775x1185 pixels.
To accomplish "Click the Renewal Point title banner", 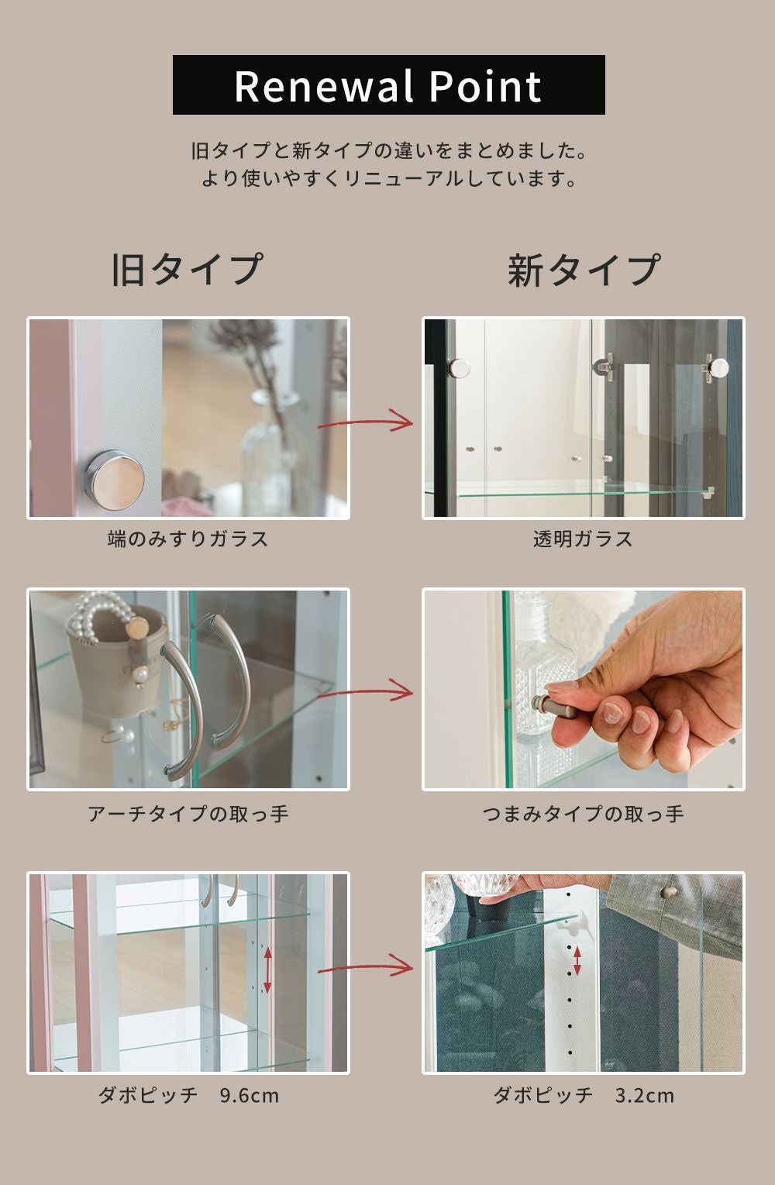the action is [x=389, y=84].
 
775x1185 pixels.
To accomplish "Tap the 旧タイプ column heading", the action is [x=187, y=270].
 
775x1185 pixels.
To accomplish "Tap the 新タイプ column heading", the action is [x=584, y=270].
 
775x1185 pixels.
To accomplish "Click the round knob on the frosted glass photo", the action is [x=114, y=481].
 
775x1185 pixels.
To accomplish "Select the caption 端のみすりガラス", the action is [x=188, y=539].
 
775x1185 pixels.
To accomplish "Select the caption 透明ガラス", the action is [x=583, y=539].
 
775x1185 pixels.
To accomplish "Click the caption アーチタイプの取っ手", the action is [x=188, y=814].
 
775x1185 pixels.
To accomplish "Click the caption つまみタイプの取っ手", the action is [x=583, y=814].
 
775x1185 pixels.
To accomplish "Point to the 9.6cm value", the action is [x=250, y=1095].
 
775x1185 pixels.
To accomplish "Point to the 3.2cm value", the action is [x=644, y=1095].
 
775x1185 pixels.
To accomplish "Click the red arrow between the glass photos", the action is [x=365, y=421].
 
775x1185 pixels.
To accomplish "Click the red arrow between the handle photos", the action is [x=365, y=691].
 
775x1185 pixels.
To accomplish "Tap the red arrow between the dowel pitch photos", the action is [x=365, y=967].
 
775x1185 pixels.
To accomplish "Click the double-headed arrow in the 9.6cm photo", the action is [x=267, y=970].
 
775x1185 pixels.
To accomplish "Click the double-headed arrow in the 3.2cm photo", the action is [x=577, y=961].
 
